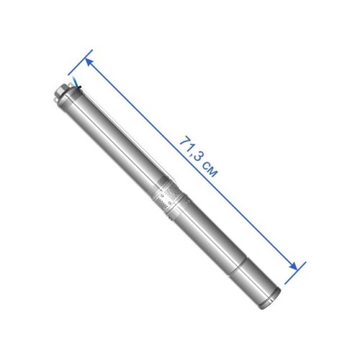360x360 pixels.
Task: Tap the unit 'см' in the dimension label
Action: click(x=210, y=169)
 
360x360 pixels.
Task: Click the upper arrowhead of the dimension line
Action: click(x=89, y=62)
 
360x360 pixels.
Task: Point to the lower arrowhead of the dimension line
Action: click(x=293, y=266)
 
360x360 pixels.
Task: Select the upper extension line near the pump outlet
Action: click(x=80, y=63)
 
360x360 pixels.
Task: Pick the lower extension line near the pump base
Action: click(x=295, y=273)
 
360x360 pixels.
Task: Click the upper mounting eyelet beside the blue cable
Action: click(x=70, y=85)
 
